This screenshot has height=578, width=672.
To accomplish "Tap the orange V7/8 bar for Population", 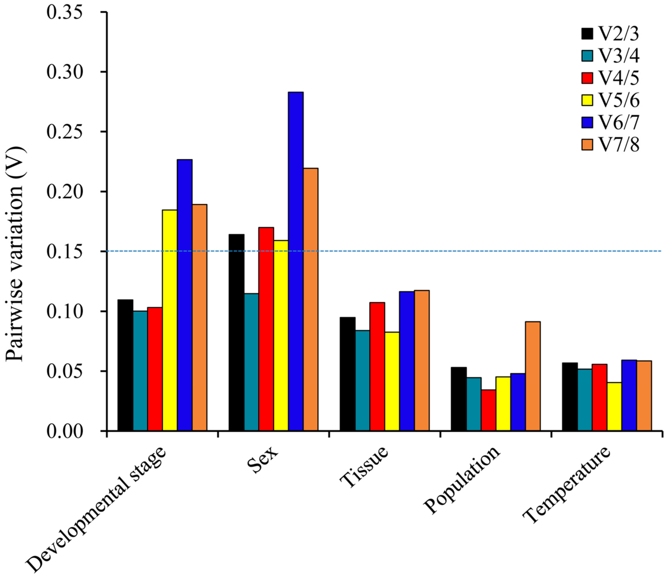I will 533,376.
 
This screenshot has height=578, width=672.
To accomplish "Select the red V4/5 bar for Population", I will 488,410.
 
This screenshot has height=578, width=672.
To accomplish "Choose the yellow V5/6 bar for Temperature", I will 614,406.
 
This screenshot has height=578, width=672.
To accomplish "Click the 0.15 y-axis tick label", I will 64,252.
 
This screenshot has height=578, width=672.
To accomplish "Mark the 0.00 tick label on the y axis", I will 64,431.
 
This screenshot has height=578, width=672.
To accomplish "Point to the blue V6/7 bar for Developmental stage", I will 185,295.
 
